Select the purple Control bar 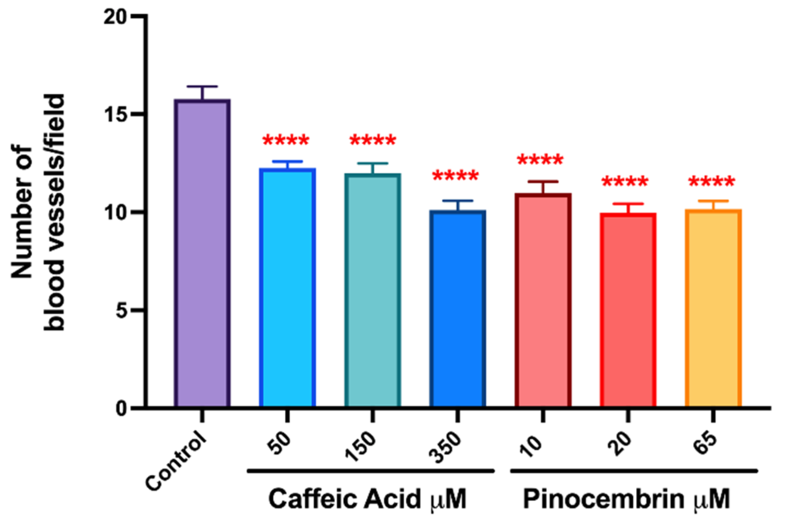202,254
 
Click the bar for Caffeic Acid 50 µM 287,288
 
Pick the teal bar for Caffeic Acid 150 372,290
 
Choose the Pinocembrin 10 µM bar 543,300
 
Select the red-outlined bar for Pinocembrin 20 628,310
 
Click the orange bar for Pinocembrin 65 713,309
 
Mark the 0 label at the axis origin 122,409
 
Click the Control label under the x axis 176,461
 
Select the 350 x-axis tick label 444,447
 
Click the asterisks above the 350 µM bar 455,176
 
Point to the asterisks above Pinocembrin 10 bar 540,160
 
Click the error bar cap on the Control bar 202,87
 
